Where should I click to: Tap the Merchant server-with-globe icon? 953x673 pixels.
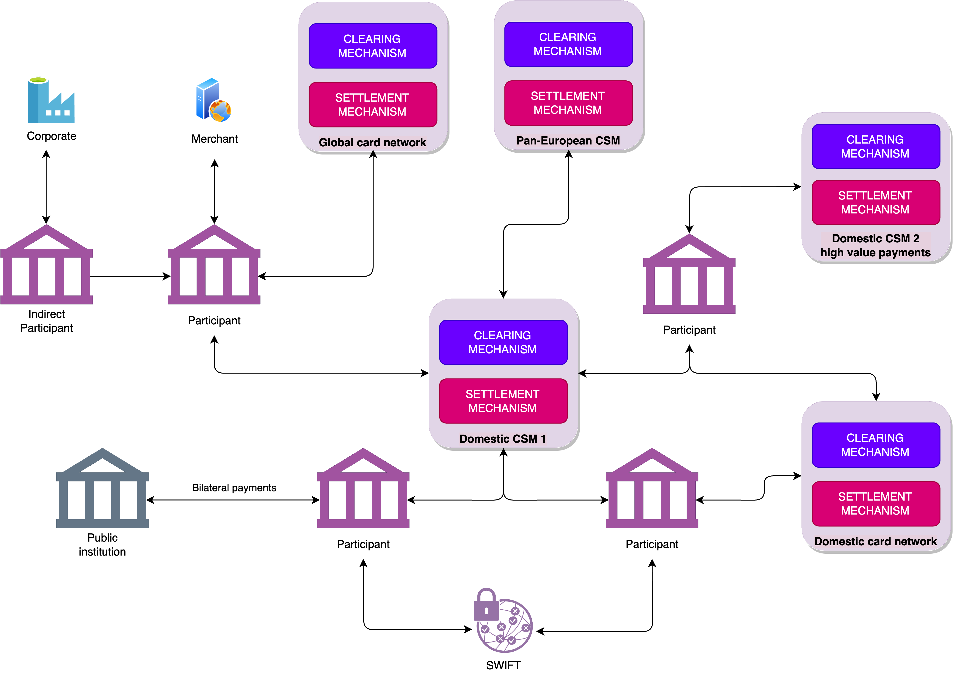[x=213, y=100]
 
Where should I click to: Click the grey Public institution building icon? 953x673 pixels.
[x=102, y=488]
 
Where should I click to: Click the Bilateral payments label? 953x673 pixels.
[x=234, y=488]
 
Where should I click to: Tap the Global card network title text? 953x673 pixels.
[x=372, y=142]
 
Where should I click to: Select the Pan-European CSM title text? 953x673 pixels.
[x=568, y=141]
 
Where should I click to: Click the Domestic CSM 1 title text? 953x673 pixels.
[x=502, y=439]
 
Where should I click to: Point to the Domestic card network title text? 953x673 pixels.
[x=875, y=541]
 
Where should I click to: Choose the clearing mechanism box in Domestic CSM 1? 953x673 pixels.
[x=503, y=342]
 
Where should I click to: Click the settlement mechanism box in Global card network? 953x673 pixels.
[x=372, y=105]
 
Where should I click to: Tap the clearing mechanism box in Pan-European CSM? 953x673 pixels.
[x=568, y=44]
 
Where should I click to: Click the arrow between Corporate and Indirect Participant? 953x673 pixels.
[x=46, y=187]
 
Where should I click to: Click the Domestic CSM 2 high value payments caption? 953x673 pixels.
[x=875, y=246]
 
